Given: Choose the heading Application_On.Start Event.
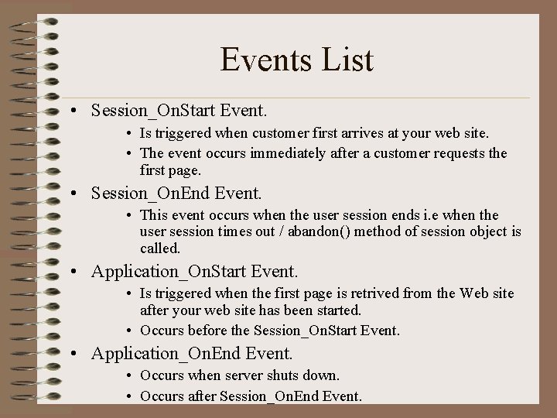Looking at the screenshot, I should click(x=194, y=272).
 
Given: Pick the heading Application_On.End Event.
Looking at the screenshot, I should click(x=192, y=354).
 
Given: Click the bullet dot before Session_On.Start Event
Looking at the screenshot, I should click(x=80, y=111).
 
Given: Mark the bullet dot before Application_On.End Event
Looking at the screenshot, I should click(x=80, y=355).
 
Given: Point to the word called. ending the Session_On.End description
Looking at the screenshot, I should click(x=160, y=248).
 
